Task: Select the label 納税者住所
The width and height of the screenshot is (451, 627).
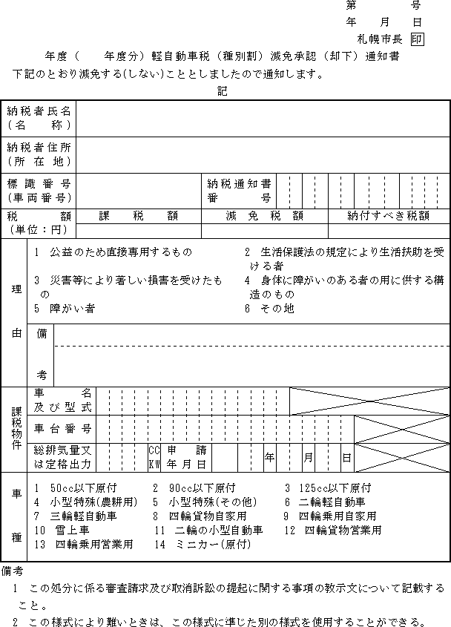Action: pyautogui.click(x=39, y=154)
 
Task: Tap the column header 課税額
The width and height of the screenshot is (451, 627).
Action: pyautogui.click(x=139, y=216)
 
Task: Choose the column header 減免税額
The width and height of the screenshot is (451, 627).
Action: pyautogui.click(x=264, y=216)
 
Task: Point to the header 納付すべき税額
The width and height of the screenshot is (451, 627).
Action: pyautogui.click(x=389, y=216)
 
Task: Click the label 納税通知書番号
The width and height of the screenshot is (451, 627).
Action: pyautogui.click(x=239, y=190)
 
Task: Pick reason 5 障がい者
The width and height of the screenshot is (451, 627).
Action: pyautogui.click(x=65, y=309)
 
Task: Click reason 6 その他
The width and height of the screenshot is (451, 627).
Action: pyautogui.click(x=269, y=309)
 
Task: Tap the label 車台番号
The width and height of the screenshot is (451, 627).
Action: pyautogui.click(x=63, y=429)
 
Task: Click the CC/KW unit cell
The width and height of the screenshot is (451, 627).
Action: pyautogui.click(x=154, y=457)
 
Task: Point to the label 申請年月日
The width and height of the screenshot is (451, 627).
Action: pyautogui.click(x=186, y=457)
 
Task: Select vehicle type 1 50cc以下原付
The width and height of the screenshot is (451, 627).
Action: pyautogui.click(x=76, y=488)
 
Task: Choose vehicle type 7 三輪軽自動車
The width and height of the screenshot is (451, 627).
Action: pyautogui.click(x=76, y=516)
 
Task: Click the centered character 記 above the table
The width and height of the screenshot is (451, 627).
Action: pyautogui.click(x=223, y=91)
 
